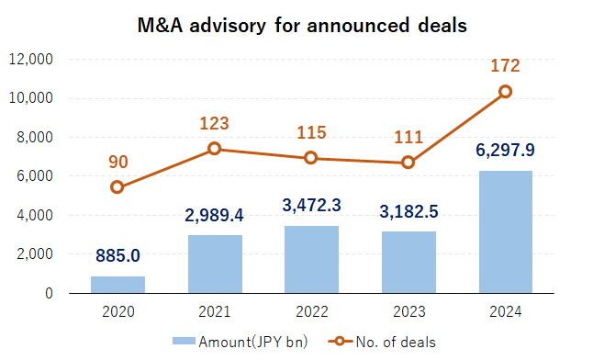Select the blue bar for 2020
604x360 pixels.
[117, 284]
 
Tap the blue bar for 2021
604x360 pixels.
[215, 264]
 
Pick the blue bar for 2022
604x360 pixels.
[312, 259]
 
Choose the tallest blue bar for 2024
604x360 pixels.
[506, 231]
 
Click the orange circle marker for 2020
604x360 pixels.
[117, 187]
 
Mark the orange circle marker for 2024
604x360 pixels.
[506, 92]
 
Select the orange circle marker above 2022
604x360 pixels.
[312, 158]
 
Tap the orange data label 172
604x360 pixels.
[506, 66]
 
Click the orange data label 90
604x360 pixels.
[117, 163]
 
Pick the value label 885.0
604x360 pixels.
[117, 254]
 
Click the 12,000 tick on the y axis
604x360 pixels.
[31, 60]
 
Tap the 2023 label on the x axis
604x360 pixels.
[408, 311]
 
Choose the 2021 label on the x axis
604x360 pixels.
[215, 311]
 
